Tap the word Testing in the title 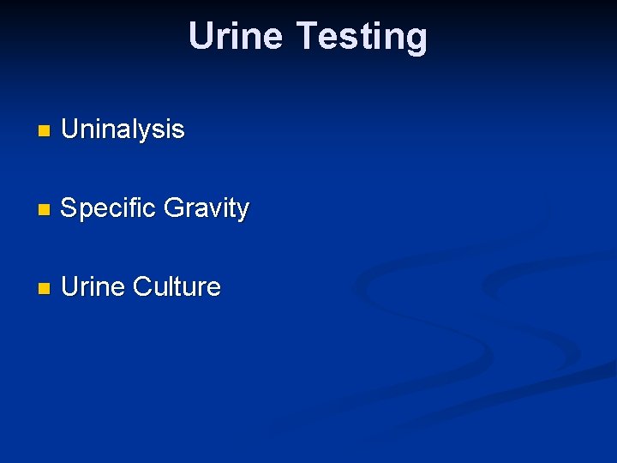point(362,36)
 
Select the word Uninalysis point(123,129)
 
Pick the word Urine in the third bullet point(93,286)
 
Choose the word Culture point(177,286)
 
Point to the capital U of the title point(201,36)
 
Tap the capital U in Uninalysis point(70,129)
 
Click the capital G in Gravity point(174,208)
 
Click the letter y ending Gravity point(243,211)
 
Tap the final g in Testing point(416,39)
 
